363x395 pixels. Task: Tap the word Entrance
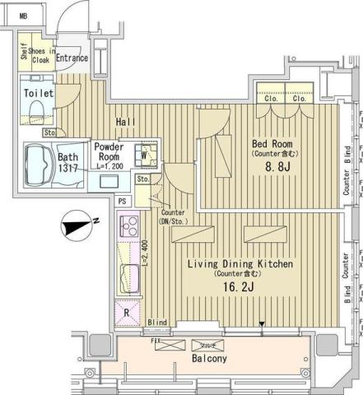click(x=72, y=58)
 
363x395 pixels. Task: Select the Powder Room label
click(x=109, y=151)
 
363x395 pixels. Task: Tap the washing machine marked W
click(x=145, y=153)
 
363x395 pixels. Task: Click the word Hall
click(x=125, y=122)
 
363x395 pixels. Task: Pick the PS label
click(x=123, y=201)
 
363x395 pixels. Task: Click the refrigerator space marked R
click(x=127, y=312)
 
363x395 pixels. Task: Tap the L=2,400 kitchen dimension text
click(x=144, y=253)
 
